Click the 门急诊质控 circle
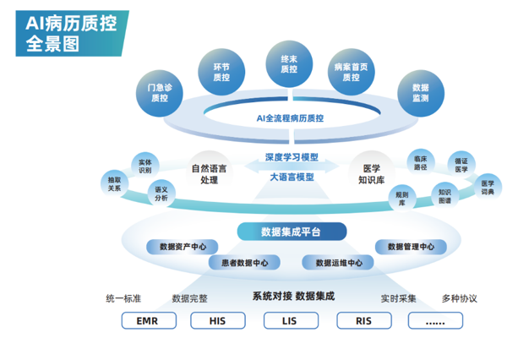point(160,93)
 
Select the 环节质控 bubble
point(221,72)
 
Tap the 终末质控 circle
point(289,64)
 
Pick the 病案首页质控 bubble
point(352,72)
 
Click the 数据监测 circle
point(421,93)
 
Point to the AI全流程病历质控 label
point(290,118)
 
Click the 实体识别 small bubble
point(145,166)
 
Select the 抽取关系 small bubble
point(114,184)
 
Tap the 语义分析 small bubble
point(161,194)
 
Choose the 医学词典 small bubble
point(488,188)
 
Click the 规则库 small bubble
point(401,199)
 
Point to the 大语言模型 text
point(292,177)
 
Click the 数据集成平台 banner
point(292,232)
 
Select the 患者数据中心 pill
point(244,263)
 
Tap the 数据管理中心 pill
point(411,247)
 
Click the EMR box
point(149,320)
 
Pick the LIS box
point(291,320)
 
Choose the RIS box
point(364,320)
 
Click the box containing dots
point(435,320)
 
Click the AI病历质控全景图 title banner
point(72,34)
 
